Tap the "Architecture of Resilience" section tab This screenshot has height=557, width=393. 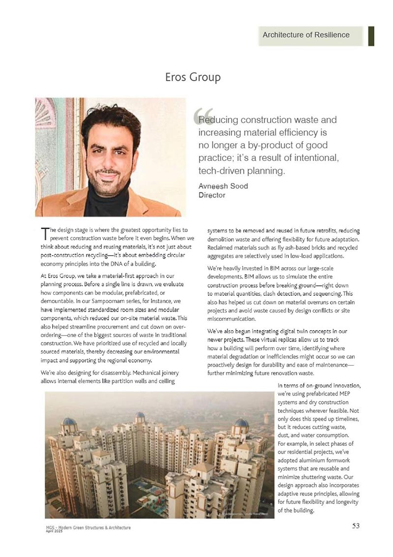pyautogui.click(x=306, y=35)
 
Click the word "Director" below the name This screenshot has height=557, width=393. pyautogui.click(x=212, y=195)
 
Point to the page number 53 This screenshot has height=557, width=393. pyautogui.click(x=356, y=526)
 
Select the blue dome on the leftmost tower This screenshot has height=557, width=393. pyautogui.click(x=69, y=422)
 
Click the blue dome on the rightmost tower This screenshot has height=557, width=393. pyautogui.click(x=241, y=423)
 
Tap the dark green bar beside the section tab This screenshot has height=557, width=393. pyautogui.click(x=371, y=35)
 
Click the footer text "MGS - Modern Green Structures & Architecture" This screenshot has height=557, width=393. pyautogui.click(x=85, y=527)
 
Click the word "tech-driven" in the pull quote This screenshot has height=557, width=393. pyautogui.click(x=221, y=171)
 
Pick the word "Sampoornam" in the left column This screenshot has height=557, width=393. pyautogui.click(x=99, y=300)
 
